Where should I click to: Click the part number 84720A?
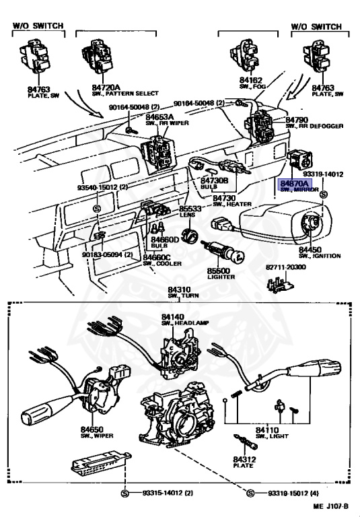(106, 88)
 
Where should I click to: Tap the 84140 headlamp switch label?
(173, 319)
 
